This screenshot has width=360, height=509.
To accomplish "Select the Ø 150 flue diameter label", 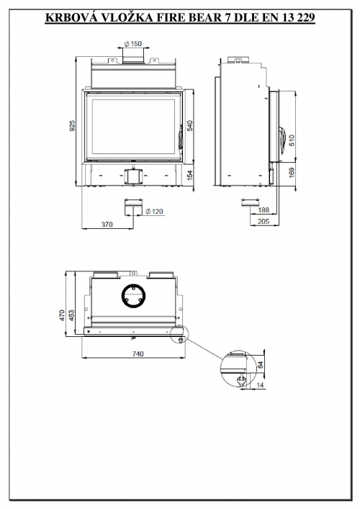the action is click(x=133, y=43).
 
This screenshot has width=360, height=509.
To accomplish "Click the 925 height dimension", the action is click(x=73, y=125).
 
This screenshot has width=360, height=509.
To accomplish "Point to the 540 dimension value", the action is click(x=190, y=125).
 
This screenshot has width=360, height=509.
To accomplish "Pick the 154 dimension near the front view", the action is click(x=190, y=175).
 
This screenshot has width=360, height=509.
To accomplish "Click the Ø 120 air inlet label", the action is click(x=154, y=212).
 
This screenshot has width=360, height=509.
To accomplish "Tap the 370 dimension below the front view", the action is click(x=107, y=224).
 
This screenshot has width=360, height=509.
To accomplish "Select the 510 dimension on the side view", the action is click(x=292, y=140).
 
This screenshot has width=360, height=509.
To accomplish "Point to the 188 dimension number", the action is click(x=264, y=210).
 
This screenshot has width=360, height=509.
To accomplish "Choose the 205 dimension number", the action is click(x=264, y=221).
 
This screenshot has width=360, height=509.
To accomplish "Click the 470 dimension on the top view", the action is click(x=62, y=315).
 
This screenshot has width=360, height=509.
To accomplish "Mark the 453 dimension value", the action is click(x=71, y=315).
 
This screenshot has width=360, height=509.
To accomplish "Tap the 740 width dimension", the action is click(x=138, y=353).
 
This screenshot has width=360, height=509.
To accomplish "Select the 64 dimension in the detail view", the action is click(x=261, y=364).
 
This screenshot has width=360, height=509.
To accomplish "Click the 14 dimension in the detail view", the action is click(x=261, y=385).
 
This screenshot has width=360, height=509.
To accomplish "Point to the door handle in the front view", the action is click(x=180, y=140).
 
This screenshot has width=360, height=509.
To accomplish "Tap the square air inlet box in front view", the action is click(x=133, y=176).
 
